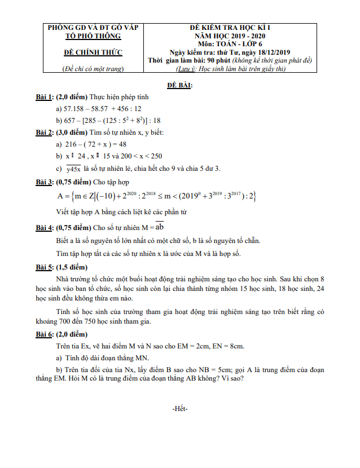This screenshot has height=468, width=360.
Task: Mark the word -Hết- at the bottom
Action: (179, 409)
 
